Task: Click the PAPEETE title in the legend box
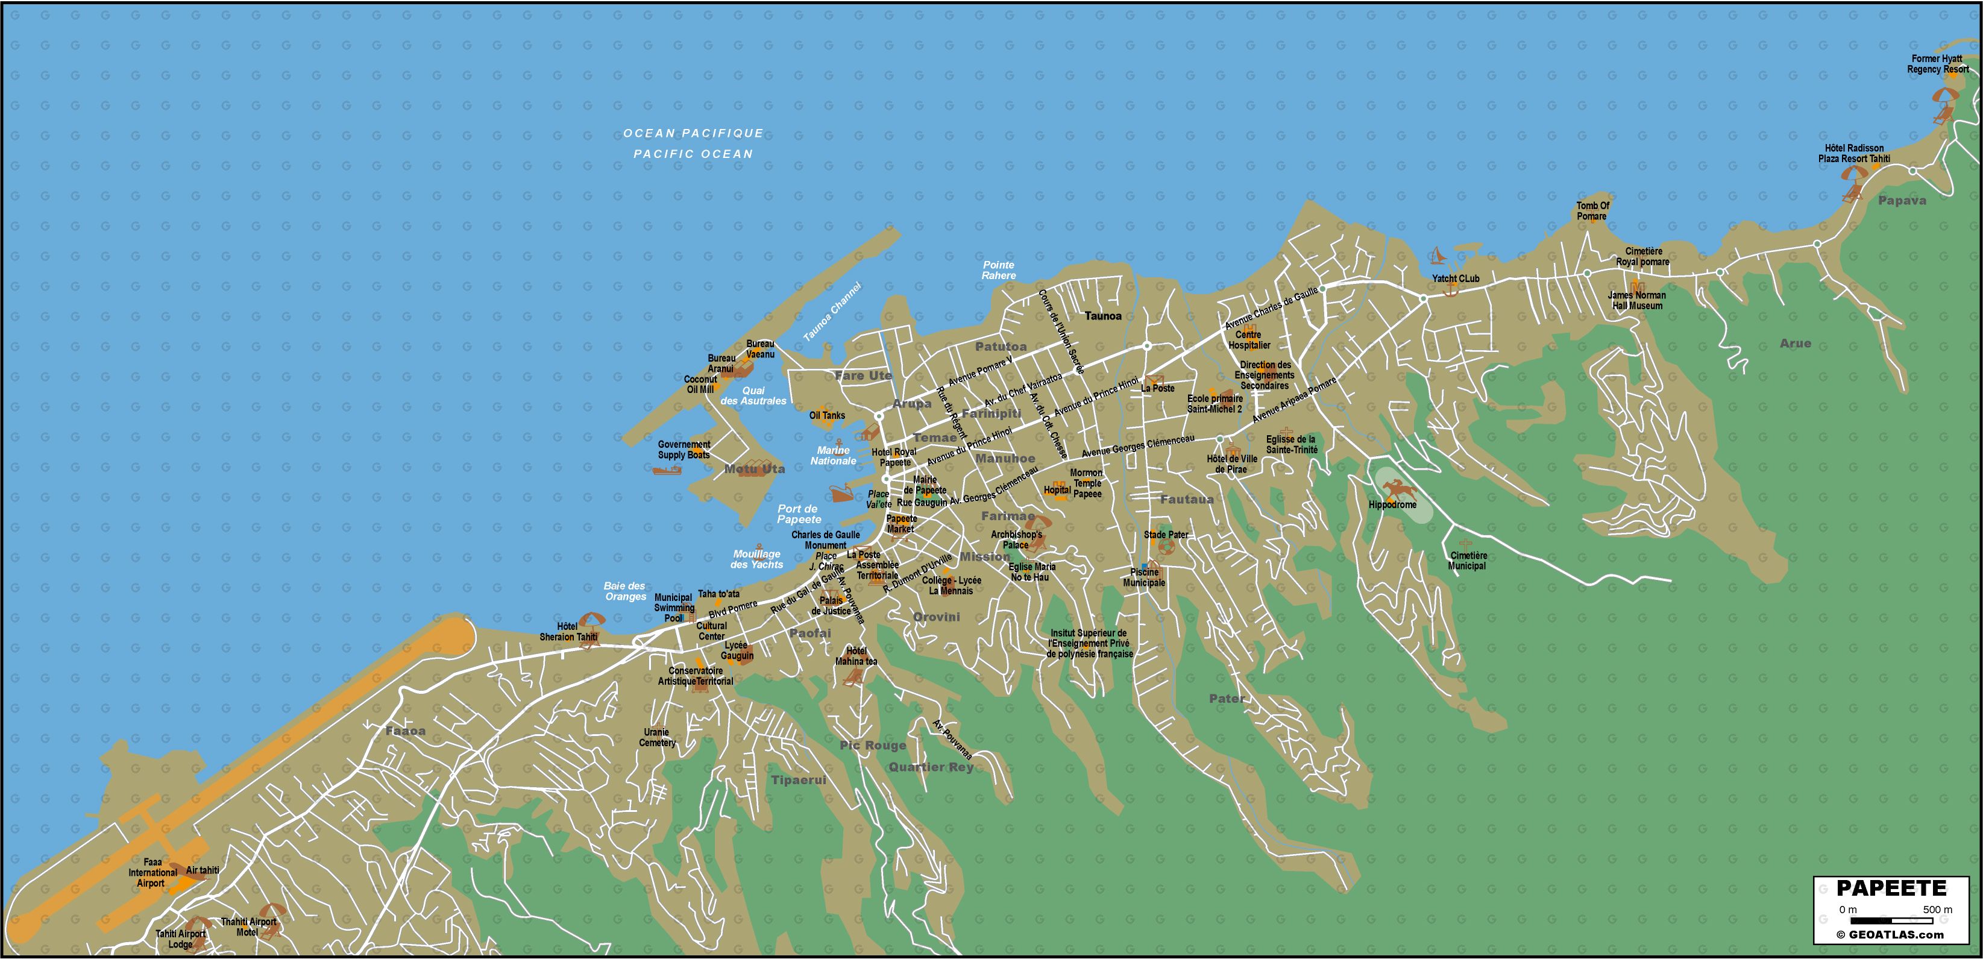[x=1891, y=888]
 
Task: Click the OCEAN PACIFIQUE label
[x=693, y=133]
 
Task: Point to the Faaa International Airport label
[x=152, y=873]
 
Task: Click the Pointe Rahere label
[x=998, y=270]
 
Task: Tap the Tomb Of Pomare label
[x=1592, y=211]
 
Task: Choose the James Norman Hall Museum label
[x=1636, y=300]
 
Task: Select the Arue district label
[x=1795, y=343]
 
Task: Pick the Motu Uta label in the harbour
[x=755, y=469]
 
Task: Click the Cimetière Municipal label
[x=1467, y=561]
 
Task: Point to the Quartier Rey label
[x=931, y=767]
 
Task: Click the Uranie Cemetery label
[x=656, y=737]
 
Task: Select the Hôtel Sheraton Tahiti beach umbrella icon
[x=591, y=620]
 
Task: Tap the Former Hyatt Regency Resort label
[x=1937, y=64]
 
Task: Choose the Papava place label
[x=1902, y=201]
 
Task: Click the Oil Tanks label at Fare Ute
[x=827, y=416]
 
